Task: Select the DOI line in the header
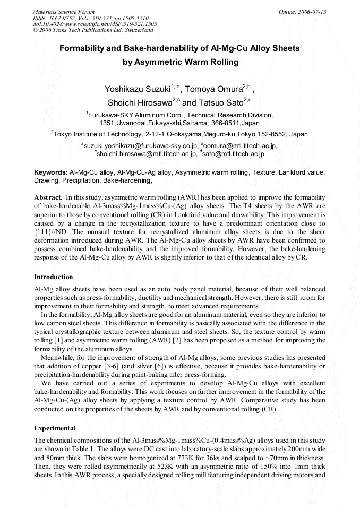click(95, 24)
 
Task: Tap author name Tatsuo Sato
click(220, 103)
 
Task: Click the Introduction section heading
click(54, 277)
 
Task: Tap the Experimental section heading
click(55, 428)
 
